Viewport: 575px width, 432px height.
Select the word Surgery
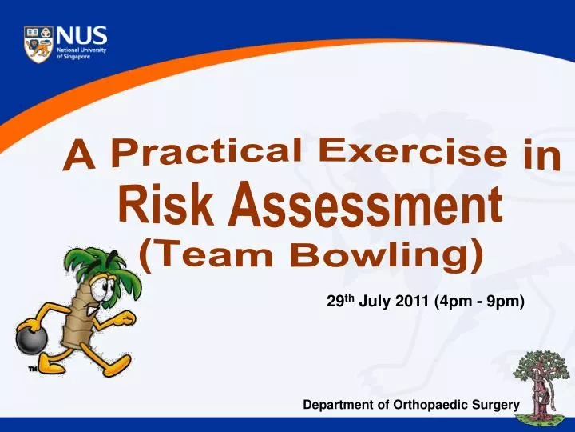[x=495, y=406]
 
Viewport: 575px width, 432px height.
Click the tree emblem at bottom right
[x=543, y=385]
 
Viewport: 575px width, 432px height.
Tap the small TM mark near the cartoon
[x=33, y=369]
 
